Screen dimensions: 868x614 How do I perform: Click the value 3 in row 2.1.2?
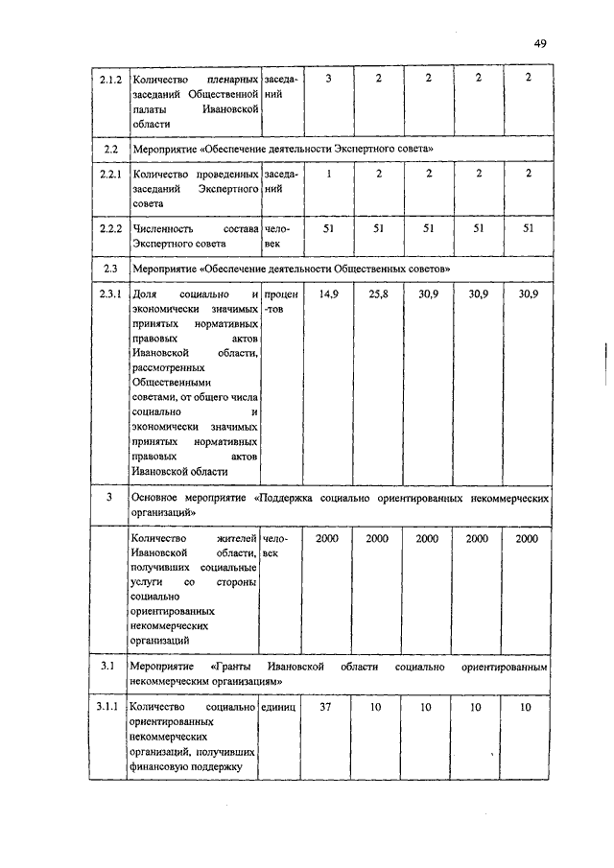327,78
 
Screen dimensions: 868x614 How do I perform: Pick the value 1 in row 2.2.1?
327,174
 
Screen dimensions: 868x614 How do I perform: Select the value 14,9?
327,293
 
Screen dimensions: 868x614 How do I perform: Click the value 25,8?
378,293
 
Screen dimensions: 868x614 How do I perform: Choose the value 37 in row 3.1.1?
327,707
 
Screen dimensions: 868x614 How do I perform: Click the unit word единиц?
280,707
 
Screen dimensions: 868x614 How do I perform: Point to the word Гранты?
233,665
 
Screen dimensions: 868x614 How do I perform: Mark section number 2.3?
108,267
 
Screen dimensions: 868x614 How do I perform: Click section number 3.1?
108,665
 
